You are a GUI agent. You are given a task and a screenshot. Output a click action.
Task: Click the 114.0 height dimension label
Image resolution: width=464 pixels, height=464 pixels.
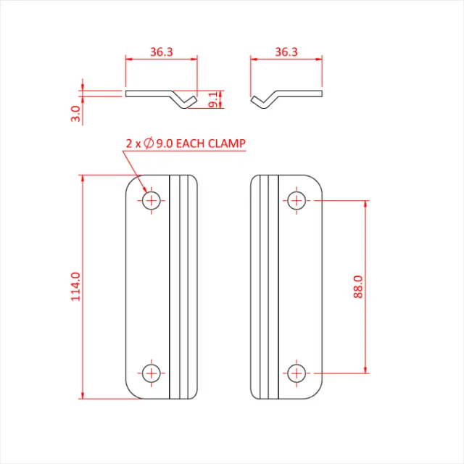pyautogui.click(x=75, y=286)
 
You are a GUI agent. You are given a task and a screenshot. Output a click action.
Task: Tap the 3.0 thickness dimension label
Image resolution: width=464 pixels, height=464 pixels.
pyautogui.click(x=75, y=114)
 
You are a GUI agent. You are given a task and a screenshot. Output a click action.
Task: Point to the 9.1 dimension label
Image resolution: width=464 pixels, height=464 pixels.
pyautogui.click(x=212, y=100)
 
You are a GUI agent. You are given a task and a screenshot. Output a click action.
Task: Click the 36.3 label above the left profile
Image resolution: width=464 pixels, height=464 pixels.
pyautogui.click(x=162, y=51)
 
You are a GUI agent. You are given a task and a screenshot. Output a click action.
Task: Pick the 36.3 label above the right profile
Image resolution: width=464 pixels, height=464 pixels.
pyautogui.click(x=287, y=51)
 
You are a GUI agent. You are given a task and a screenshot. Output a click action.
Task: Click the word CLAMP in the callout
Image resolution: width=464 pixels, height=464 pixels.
pyautogui.click(x=228, y=144)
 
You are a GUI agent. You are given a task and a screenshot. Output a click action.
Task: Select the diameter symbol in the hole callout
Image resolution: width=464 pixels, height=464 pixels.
pyautogui.click(x=147, y=144)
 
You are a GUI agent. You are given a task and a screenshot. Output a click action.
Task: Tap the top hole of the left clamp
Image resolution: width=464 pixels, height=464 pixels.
pyautogui.click(x=151, y=200)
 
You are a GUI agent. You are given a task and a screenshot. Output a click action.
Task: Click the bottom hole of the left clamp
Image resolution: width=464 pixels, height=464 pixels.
pyautogui.click(x=151, y=373)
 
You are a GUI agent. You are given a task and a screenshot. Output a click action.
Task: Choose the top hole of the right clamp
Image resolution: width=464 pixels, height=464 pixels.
pyautogui.click(x=297, y=200)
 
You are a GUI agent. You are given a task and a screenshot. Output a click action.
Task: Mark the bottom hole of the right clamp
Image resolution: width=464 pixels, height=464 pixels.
pyautogui.click(x=297, y=373)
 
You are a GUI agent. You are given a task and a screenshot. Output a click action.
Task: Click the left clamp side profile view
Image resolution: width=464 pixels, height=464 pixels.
pyautogui.click(x=162, y=96)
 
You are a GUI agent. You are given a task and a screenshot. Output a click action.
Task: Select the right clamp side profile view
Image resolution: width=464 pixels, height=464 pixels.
pyautogui.click(x=286, y=96)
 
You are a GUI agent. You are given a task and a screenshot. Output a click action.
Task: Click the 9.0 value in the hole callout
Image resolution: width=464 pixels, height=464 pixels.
pyautogui.click(x=164, y=144)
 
